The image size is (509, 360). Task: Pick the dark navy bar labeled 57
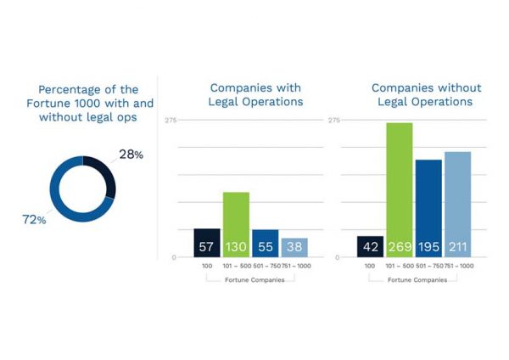tap(207, 243)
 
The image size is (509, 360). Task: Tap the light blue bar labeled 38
tap(294, 247)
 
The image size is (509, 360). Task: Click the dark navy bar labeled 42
tap(370, 246)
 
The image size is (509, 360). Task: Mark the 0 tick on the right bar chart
tap(338, 257)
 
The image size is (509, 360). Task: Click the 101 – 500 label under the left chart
tap(236, 267)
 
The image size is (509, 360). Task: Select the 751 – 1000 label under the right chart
tap(458, 267)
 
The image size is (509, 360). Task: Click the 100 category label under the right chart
tap(370, 267)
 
